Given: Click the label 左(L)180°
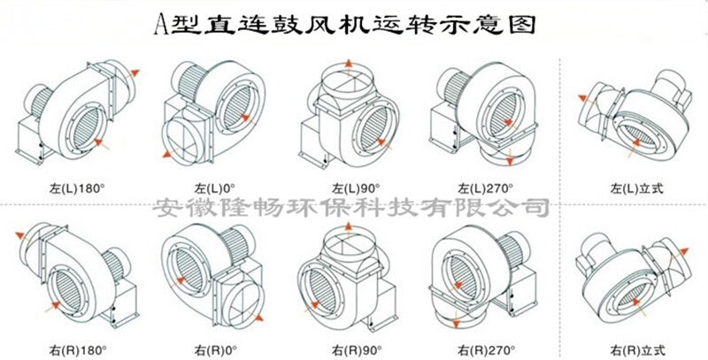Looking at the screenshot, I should tap(77, 188).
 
